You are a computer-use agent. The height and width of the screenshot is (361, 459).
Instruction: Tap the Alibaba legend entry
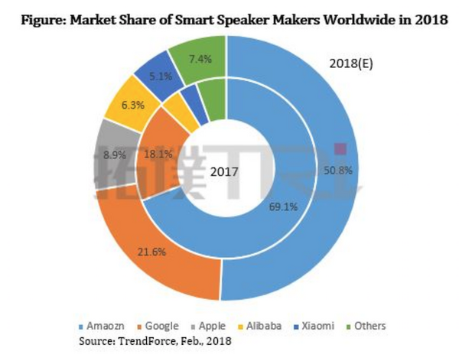262,326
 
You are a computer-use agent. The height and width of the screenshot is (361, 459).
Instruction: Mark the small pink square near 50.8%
340,148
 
